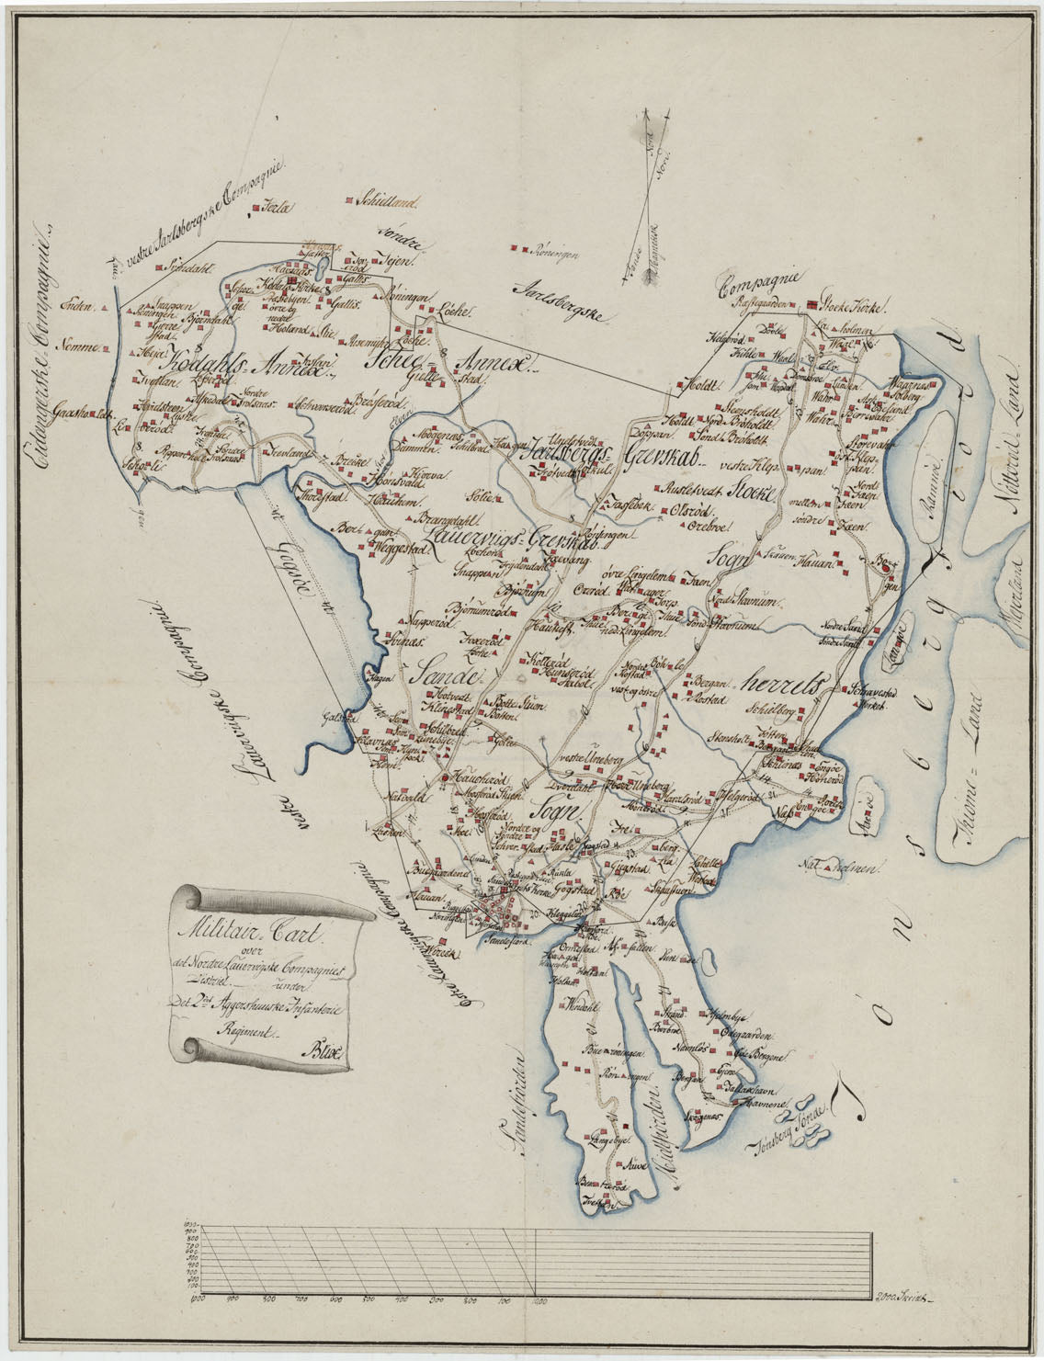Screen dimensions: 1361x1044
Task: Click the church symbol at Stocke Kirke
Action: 812,306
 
